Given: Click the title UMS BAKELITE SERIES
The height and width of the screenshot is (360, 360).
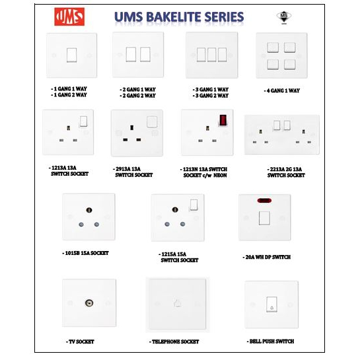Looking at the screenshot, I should click(x=178, y=17).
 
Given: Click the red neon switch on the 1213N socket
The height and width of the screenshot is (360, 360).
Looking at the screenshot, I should click(x=223, y=121).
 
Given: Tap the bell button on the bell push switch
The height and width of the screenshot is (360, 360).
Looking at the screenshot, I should click(x=271, y=305).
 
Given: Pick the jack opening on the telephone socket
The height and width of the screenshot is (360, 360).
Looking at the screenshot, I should click(x=178, y=304).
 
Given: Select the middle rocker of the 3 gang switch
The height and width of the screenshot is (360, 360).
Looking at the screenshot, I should click(x=211, y=54).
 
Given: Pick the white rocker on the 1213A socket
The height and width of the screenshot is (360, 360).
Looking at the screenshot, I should click(x=84, y=121).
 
